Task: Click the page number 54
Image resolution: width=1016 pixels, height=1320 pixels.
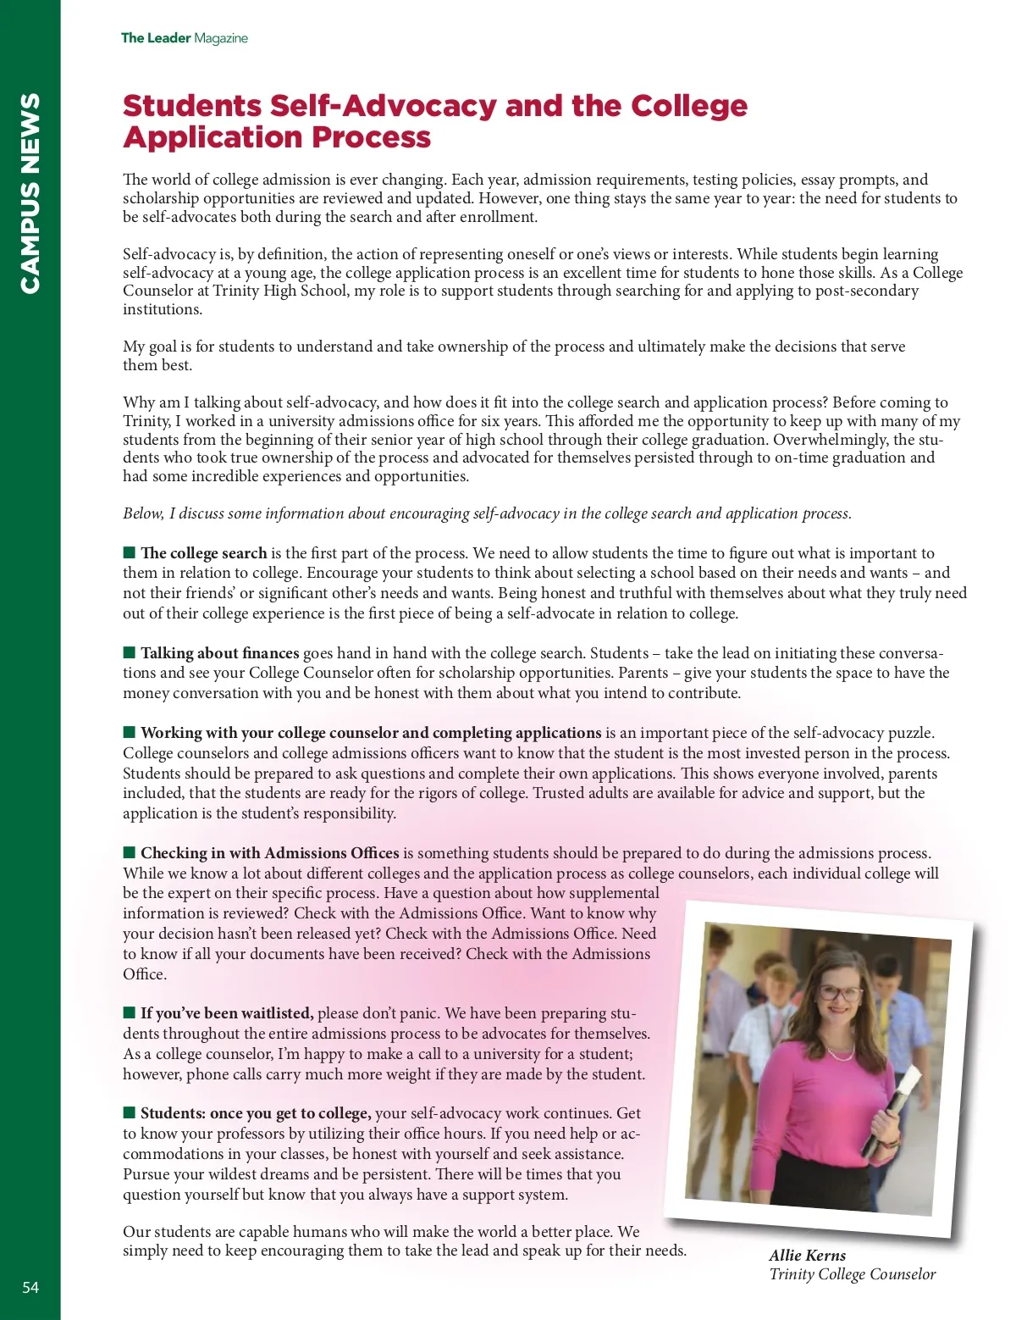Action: [x=30, y=1287]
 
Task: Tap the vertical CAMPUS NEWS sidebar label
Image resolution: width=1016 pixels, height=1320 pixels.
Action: [x=30, y=193]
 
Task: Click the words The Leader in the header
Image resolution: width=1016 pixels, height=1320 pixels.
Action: [x=156, y=38]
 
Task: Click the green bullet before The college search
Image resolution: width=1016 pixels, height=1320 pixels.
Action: [x=130, y=552]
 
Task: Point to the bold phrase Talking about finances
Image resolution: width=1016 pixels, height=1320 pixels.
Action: [x=220, y=653]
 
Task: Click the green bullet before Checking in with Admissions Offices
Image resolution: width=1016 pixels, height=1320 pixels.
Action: [x=130, y=851]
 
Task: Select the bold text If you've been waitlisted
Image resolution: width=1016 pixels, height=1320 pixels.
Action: [x=227, y=1013]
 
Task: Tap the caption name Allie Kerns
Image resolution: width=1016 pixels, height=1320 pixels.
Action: [x=807, y=1256]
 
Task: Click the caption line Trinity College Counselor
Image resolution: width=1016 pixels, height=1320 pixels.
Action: [x=852, y=1274]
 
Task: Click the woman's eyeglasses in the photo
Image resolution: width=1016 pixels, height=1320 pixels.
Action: [x=839, y=994]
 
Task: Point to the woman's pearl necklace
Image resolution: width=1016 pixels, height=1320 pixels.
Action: [x=838, y=1055]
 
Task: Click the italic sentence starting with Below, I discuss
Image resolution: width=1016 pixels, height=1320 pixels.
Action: [x=487, y=513]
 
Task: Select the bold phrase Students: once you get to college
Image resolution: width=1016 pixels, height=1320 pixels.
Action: [x=256, y=1113]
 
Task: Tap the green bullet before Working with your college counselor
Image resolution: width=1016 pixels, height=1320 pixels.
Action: [x=130, y=731]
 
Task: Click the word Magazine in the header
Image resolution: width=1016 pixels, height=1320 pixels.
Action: [x=221, y=38]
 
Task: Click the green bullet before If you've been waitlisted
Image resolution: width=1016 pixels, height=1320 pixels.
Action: [x=130, y=1012]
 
